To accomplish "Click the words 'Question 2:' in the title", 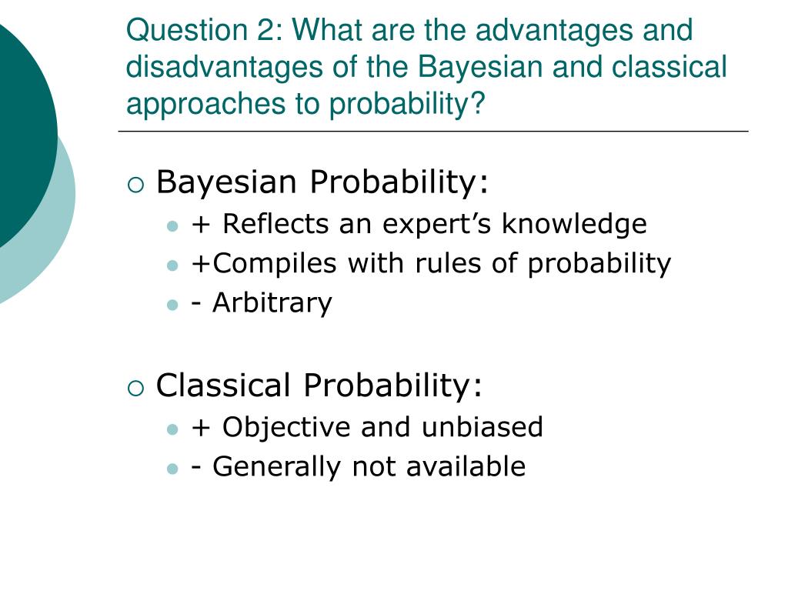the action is coord(205,31).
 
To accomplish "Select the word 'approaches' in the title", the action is coord(206,105).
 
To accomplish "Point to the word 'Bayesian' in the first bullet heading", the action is coord(226,182).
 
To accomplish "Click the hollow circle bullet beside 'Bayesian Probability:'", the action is coord(135,185).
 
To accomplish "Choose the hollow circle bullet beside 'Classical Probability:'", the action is coord(135,389).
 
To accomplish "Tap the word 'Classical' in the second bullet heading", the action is coord(223,385).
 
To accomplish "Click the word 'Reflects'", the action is coord(275,223).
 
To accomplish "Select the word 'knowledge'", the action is coord(574,224).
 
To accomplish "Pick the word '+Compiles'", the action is coord(264,264).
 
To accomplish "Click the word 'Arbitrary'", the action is coord(272,303).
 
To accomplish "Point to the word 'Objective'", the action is coord(286,428).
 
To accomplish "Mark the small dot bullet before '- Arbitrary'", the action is coord(172,305).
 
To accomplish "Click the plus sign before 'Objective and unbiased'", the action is coord(201,428).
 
